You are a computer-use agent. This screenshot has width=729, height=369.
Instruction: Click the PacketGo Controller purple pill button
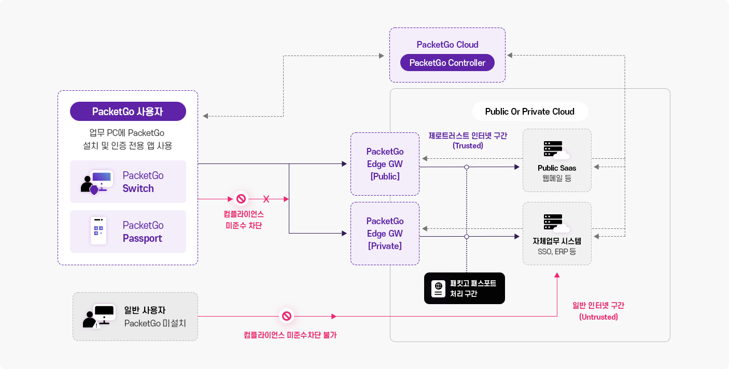(x=447, y=63)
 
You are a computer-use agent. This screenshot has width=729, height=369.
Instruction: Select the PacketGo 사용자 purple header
(x=128, y=112)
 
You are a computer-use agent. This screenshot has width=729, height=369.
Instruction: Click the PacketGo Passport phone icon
(x=99, y=231)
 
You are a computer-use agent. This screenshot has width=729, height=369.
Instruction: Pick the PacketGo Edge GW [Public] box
(x=385, y=164)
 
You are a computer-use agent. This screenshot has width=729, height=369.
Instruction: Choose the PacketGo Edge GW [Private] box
(x=385, y=234)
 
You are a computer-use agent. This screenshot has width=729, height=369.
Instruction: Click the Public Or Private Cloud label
(x=529, y=112)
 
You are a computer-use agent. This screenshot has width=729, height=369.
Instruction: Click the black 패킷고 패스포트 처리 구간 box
(x=464, y=288)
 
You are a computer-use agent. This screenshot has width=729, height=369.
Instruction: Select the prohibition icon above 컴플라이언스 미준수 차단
(x=241, y=199)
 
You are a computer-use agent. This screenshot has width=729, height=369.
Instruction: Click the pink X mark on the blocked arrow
(x=267, y=199)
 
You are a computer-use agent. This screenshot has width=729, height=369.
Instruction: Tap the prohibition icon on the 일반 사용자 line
(x=286, y=316)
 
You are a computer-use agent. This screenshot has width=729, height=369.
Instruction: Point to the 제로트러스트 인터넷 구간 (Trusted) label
(x=468, y=141)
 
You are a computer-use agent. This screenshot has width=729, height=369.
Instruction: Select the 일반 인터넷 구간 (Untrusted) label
(x=598, y=311)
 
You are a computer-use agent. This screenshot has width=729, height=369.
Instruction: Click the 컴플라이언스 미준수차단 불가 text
(x=290, y=335)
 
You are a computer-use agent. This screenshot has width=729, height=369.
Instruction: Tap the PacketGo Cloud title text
(x=447, y=45)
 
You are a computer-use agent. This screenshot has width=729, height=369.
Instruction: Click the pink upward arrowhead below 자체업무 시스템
(x=557, y=275)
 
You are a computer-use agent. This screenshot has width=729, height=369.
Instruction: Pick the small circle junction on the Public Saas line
(x=467, y=167)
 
